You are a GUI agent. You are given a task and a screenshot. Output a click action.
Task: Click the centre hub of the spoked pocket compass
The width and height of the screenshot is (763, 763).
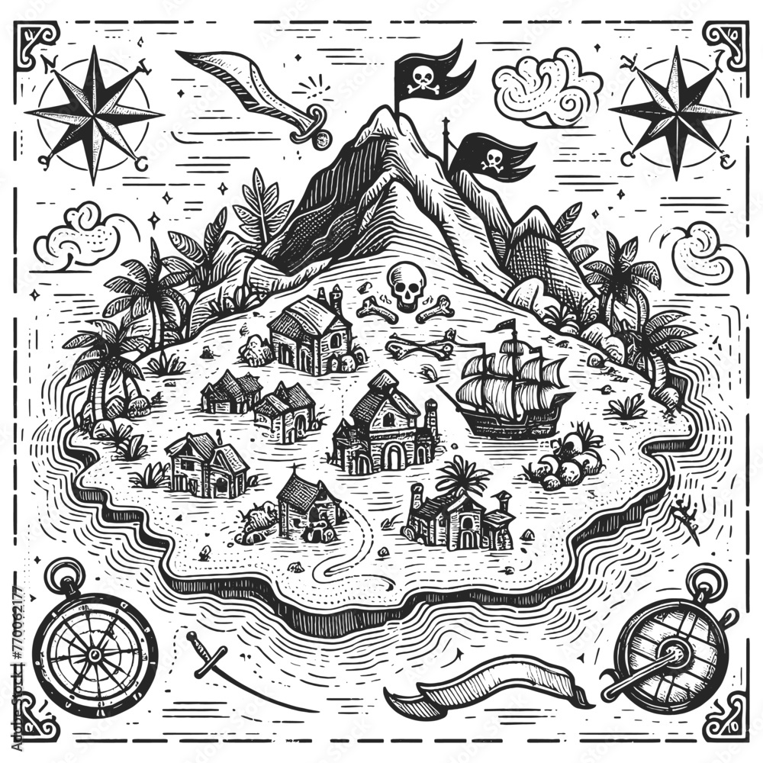[x=94, y=655]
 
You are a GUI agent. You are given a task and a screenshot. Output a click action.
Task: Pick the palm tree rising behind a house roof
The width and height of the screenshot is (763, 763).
[x=462, y=477]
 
